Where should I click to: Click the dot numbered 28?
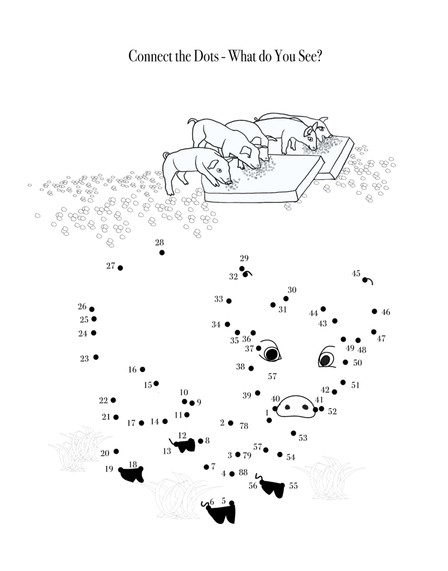point(162,253)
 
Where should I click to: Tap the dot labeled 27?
point(120,268)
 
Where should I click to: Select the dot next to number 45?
point(365,280)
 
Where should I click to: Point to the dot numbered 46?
point(374,311)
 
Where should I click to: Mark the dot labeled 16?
point(142,369)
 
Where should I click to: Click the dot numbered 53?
point(293,433)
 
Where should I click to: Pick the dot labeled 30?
point(286,299)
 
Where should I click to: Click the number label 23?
point(84,359)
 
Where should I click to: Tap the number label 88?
point(243,472)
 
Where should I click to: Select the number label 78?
point(244,425)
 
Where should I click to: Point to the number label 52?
point(332,412)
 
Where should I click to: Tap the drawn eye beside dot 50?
point(326,357)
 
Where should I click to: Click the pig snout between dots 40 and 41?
point(295,407)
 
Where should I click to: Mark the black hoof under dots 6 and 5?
point(221,513)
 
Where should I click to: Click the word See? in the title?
point(310,56)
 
